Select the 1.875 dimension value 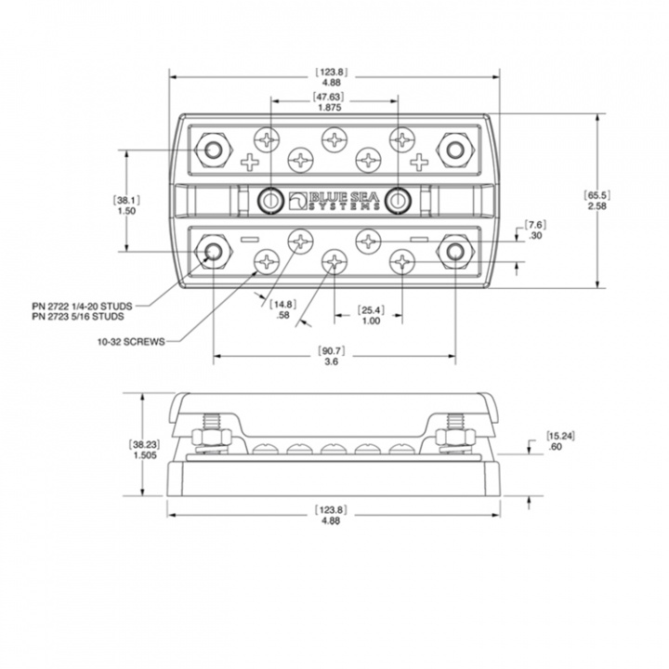pos(334,109)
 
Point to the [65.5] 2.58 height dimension pos(597,200)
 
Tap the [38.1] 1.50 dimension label pos(126,205)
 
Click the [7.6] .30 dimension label pos(536,230)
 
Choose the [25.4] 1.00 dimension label pos(370,314)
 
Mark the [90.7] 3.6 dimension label pos(334,356)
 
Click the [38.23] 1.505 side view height pos(142,450)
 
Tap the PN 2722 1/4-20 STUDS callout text pos(81,304)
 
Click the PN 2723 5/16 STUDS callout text pos(81,316)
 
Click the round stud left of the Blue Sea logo pos(271,198)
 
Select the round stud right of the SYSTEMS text pos(400,198)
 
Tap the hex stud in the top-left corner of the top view pos(214,149)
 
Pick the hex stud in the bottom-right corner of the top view pos(454,252)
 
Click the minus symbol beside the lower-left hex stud pos(247,240)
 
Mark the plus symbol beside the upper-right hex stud pos(420,163)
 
